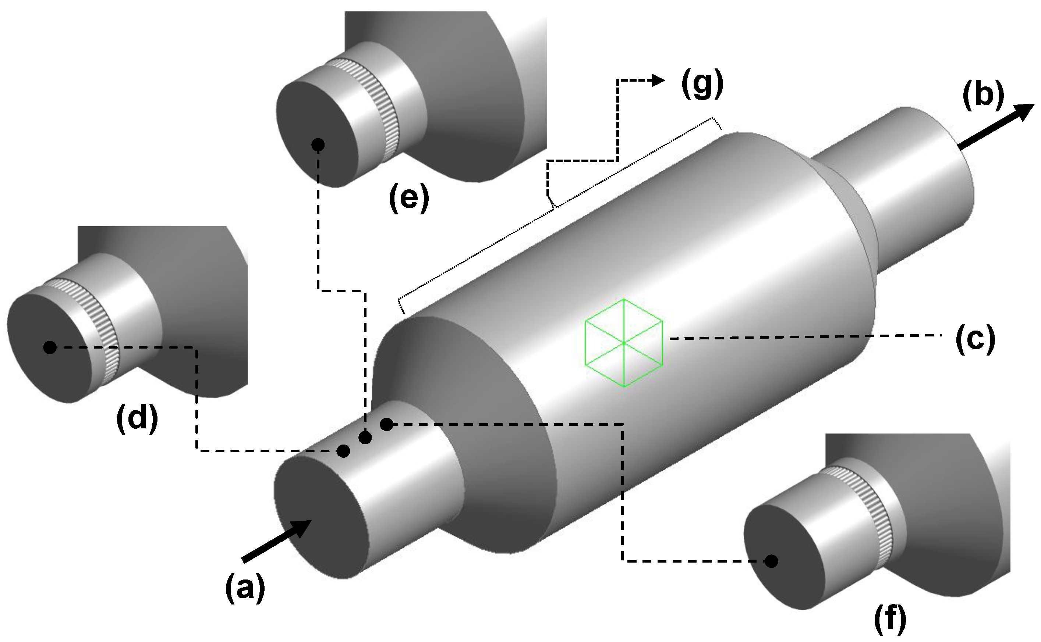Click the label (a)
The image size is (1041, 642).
pyautogui.click(x=245, y=588)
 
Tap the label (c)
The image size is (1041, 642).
pyautogui.click(x=975, y=339)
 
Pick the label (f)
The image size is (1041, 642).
pyautogui.click(x=890, y=620)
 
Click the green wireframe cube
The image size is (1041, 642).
pyautogui.click(x=624, y=343)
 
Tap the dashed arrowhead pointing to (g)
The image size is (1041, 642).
pyautogui.click(x=659, y=80)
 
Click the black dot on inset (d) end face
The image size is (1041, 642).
pyautogui.click(x=50, y=348)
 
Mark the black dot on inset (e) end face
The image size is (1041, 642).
pyautogui.click(x=318, y=145)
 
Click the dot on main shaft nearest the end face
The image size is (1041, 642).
pyautogui.click(x=343, y=451)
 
